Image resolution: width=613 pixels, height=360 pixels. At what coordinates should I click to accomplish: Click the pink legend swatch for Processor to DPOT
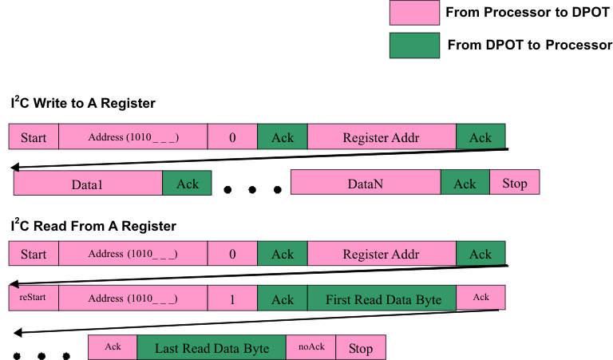point(413,13)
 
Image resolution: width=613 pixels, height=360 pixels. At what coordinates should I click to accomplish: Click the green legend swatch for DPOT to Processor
point(413,45)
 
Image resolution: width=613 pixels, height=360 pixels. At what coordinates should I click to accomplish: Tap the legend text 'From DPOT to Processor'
point(529,45)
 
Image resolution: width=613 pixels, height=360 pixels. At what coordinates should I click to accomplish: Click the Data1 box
point(88,184)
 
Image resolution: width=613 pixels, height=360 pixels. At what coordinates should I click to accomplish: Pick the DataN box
point(366,184)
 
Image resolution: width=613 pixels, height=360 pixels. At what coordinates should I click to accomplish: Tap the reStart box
point(33,299)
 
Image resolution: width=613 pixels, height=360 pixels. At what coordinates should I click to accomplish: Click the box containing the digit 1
point(232,299)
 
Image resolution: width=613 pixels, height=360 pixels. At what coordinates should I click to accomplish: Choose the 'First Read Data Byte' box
point(382,299)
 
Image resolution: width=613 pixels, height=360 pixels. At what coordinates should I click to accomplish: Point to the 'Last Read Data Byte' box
point(212,347)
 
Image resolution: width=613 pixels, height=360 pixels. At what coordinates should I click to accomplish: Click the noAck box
point(310,347)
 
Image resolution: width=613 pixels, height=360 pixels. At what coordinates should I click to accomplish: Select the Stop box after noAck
point(360,347)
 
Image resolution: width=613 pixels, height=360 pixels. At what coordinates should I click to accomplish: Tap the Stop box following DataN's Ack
point(514,184)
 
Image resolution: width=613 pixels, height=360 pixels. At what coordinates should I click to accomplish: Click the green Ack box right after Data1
point(187,184)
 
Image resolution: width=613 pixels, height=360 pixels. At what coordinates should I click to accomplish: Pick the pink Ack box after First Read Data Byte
point(481,299)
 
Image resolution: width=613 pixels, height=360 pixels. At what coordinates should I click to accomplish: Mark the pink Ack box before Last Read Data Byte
point(113,347)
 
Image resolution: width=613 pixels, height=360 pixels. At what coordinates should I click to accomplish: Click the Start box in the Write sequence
point(33,137)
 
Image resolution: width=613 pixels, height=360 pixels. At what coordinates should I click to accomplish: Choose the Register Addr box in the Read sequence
point(382,255)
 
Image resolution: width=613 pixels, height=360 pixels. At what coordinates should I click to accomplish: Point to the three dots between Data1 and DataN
point(252,190)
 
